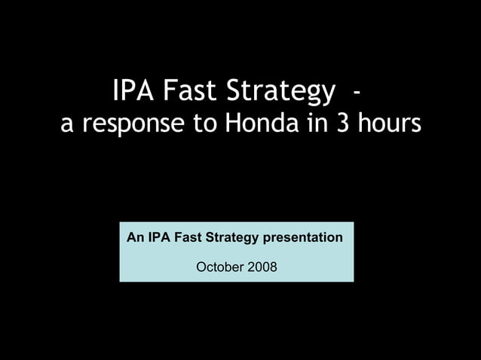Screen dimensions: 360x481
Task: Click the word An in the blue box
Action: click(136, 238)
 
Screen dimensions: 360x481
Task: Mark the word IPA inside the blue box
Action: click(158, 238)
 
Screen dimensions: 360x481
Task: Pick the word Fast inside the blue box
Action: click(188, 238)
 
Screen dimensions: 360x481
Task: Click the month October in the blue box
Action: click(219, 267)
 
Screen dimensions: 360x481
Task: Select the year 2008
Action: click(261, 267)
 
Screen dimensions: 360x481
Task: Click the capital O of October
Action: click(201, 267)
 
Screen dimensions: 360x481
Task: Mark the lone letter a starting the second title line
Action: click(67, 125)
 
